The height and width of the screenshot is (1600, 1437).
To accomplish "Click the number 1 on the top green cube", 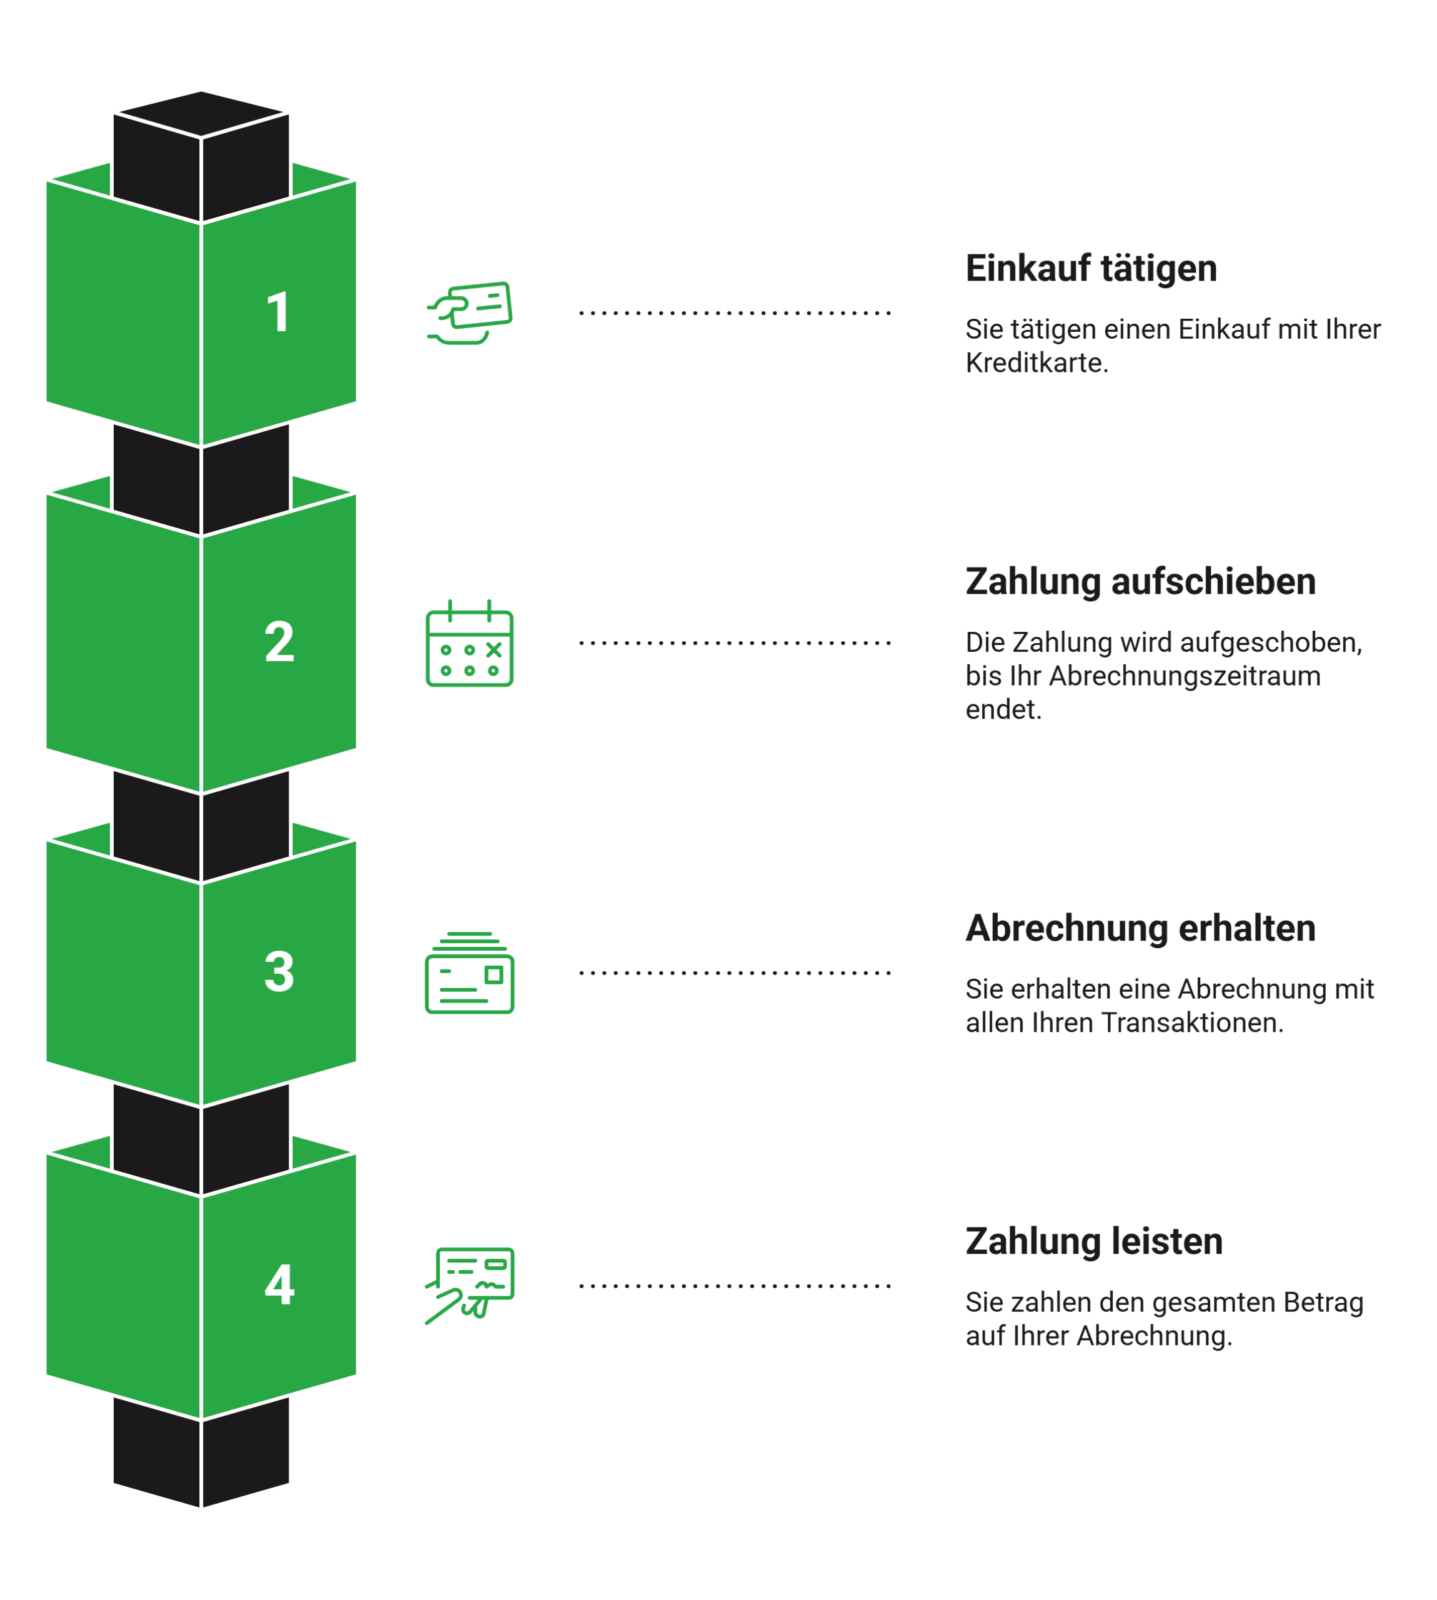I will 279,312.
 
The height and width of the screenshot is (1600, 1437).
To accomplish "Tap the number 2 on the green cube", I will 279,642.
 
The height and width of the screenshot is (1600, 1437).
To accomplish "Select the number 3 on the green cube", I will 279,971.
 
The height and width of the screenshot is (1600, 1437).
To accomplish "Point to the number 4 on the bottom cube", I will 279,1286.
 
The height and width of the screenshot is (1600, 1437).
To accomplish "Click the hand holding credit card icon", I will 470,312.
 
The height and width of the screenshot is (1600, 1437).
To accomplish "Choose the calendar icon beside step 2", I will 470,644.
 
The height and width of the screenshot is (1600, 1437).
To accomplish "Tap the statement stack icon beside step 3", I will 470,973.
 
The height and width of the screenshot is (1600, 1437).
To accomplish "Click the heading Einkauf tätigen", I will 1091,269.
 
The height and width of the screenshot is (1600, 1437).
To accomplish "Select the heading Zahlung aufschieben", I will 1141,582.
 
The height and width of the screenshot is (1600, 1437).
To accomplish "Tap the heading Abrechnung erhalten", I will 1141,929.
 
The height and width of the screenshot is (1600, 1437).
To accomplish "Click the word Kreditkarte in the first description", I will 1037,363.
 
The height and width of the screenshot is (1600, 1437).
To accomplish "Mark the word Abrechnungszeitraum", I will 1185,677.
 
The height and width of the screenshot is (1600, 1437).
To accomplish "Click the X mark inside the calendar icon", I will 494,649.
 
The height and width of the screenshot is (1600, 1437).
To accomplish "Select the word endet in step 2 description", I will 1003,710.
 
